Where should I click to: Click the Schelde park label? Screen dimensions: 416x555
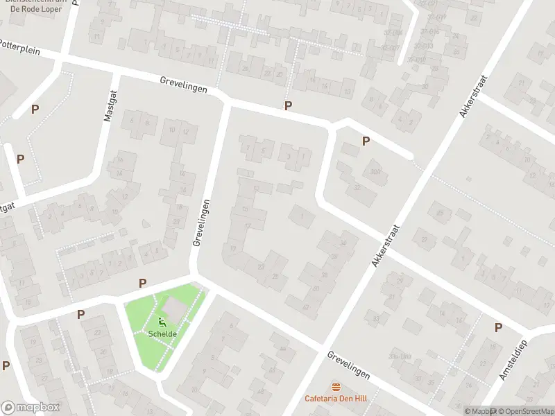click(162, 333)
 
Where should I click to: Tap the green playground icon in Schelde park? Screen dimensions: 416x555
click(162, 322)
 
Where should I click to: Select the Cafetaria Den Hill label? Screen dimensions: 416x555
click(336, 398)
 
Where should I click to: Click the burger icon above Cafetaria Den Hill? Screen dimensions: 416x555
click(336, 387)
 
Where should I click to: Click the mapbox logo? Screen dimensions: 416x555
click(31, 408)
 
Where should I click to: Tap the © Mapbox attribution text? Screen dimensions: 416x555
click(479, 411)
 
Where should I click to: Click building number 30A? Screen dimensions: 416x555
click(375, 172)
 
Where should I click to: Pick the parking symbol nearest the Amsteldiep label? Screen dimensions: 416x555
click(498, 327)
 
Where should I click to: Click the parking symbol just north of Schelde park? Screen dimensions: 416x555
click(142, 283)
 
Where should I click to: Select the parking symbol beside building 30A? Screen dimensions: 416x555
click(366, 141)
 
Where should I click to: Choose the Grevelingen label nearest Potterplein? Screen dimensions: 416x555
click(183, 88)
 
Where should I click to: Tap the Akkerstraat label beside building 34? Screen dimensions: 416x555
click(387, 246)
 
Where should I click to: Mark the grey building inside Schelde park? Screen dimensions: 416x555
click(173, 306)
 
